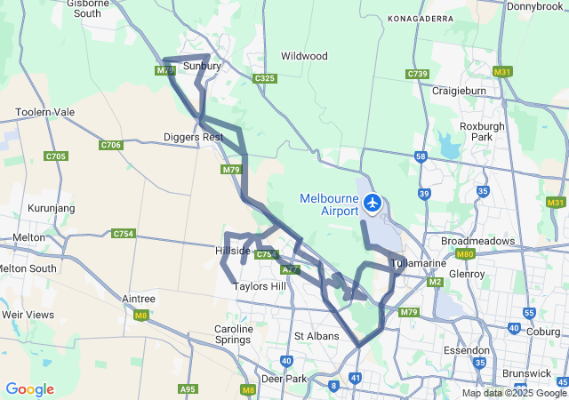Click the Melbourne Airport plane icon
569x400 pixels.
[x=373, y=204]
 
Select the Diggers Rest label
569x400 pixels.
[x=193, y=137]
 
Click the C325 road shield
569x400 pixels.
[x=264, y=79]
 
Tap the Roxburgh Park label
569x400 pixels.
[x=482, y=132]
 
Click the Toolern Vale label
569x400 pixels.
[x=45, y=113]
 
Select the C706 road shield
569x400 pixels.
[x=111, y=145]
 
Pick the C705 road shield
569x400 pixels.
[x=55, y=156]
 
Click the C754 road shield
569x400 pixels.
[x=124, y=234]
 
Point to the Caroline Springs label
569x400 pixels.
[x=234, y=334]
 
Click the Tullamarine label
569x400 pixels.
[x=419, y=264]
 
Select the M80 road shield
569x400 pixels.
[x=464, y=254]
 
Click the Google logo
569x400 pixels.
[x=29, y=389]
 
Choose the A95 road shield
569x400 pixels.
[x=188, y=389]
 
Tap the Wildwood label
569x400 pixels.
[x=304, y=56]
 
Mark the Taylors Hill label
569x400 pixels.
[x=260, y=287]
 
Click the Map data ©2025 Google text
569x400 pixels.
[x=514, y=393]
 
